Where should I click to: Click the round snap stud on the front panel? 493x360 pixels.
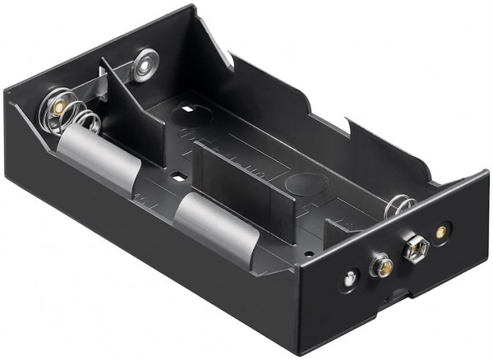pyautogui.click(x=381, y=265)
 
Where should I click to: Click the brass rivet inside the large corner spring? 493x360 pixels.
pyautogui.click(x=58, y=108)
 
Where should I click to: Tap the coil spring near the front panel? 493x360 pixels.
pyautogui.click(x=400, y=205)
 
